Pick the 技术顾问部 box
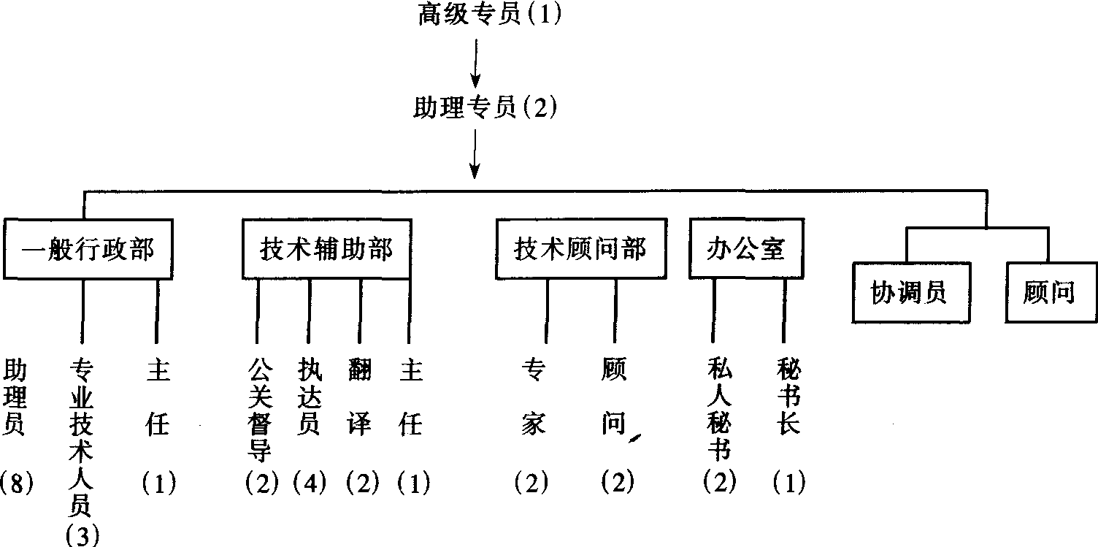(x=580, y=249)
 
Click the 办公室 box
(x=745, y=249)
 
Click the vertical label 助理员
(x=16, y=397)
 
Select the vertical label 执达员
(x=309, y=397)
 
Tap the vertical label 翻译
(x=359, y=397)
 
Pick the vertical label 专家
(x=533, y=397)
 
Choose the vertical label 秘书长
(x=789, y=397)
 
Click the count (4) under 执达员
(x=309, y=483)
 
